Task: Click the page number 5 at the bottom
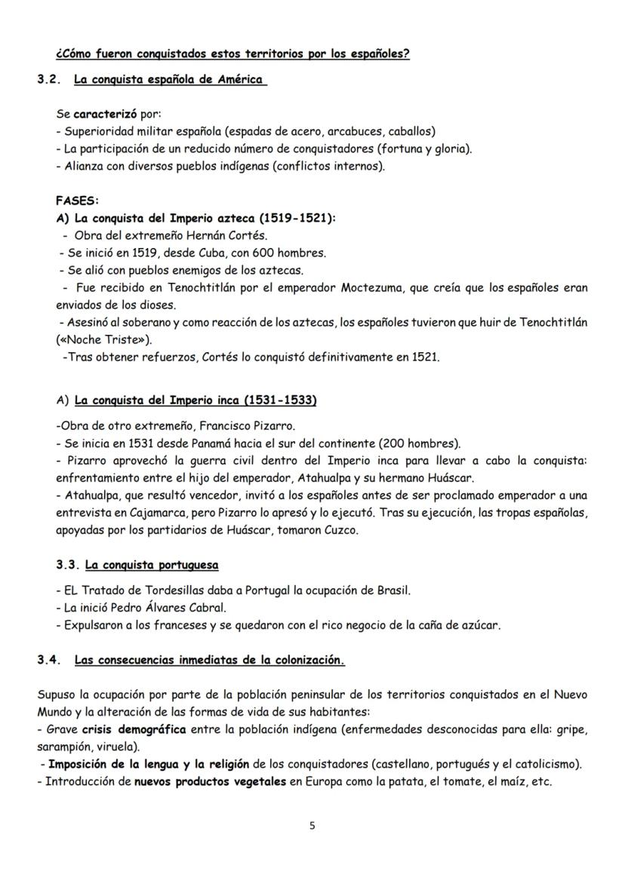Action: coord(312,825)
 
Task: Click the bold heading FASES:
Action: coord(78,201)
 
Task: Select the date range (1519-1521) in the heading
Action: coord(297,218)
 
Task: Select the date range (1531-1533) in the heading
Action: coord(279,400)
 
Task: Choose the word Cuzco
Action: coord(341,530)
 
